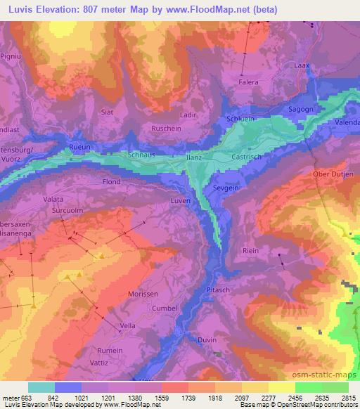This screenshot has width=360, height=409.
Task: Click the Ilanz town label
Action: click(x=194, y=160)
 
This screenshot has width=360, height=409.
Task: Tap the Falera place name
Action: click(x=247, y=82)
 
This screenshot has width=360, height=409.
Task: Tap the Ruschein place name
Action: click(x=167, y=129)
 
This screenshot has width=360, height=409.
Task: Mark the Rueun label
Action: click(x=81, y=146)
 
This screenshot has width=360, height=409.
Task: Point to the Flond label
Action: click(x=112, y=181)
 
